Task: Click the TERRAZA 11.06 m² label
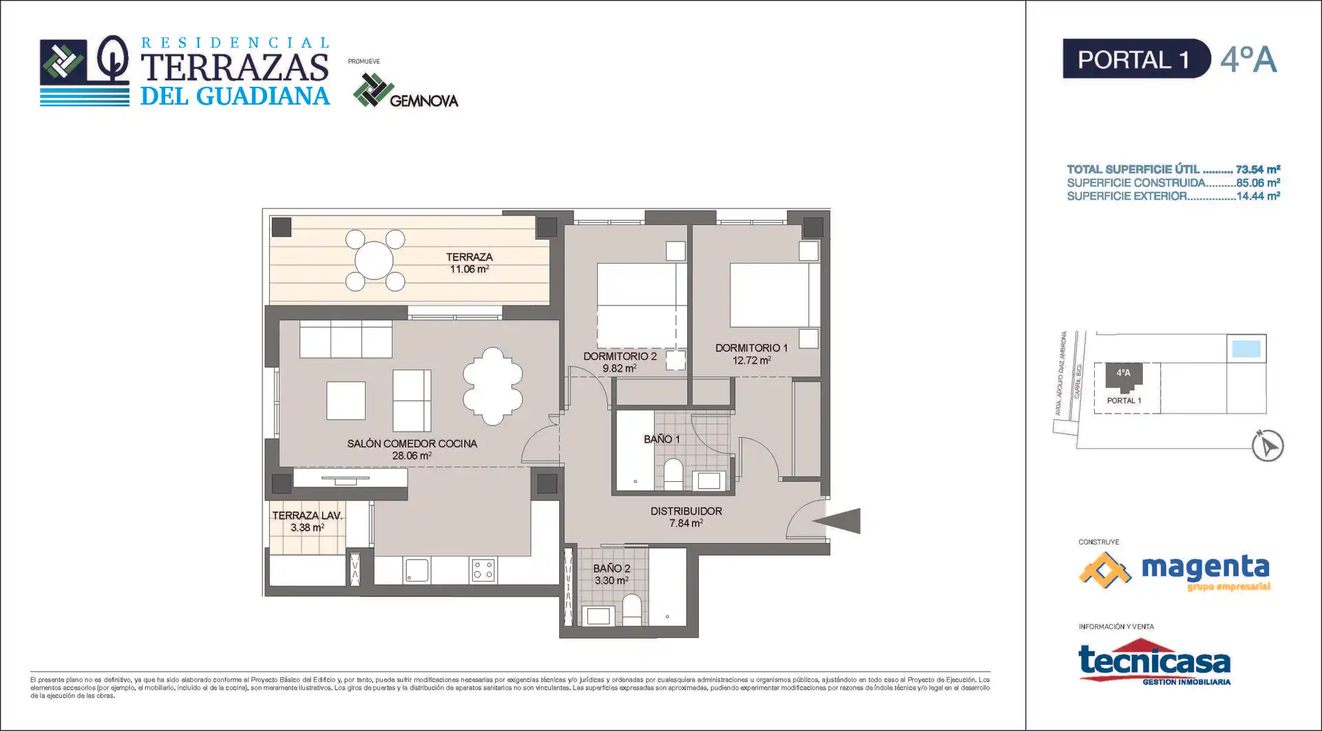pos(469,263)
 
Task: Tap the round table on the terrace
pos(374,260)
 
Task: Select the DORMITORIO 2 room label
pos(620,362)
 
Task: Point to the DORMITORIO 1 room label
pos(751,354)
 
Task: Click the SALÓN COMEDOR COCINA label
pos(412,449)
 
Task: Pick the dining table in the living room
pos(492,386)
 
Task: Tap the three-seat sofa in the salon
pos(346,339)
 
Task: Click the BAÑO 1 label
pos(662,439)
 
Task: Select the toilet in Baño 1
pos(673,474)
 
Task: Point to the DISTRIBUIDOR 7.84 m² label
pos(686,517)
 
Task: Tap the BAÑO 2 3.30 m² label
pos(611,574)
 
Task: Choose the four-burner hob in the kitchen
pos(483,570)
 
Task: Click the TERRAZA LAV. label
pos(307,521)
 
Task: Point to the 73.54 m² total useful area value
pos(1258,169)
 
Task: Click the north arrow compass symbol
pos(1267,445)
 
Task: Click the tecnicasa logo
pos(1155,662)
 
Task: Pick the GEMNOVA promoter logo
pos(405,91)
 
